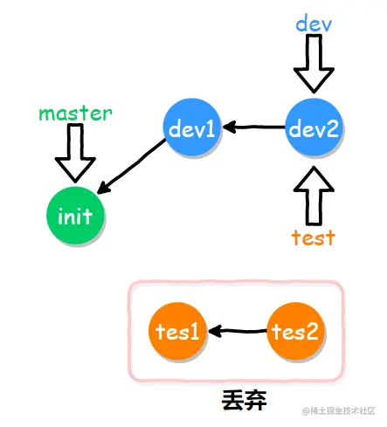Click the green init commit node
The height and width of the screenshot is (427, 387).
tap(75, 216)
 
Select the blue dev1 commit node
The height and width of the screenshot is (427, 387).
tap(193, 129)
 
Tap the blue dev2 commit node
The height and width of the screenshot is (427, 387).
tap(314, 129)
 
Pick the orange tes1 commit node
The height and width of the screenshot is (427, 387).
tap(178, 332)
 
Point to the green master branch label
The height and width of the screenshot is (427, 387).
tap(75, 114)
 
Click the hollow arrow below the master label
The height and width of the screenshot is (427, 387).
tap(75, 155)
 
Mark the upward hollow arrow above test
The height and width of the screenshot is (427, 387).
tap(314, 196)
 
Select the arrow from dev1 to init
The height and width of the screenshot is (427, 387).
tap(131, 172)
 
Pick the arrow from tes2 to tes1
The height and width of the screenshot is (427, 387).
tap(237, 332)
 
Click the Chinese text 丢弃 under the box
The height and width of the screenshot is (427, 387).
tap(244, 401)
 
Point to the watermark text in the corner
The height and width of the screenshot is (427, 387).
tap(338, 411)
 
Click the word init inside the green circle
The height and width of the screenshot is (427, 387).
tap(75, 216)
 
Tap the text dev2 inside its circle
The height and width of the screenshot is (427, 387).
tap(314, 129)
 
